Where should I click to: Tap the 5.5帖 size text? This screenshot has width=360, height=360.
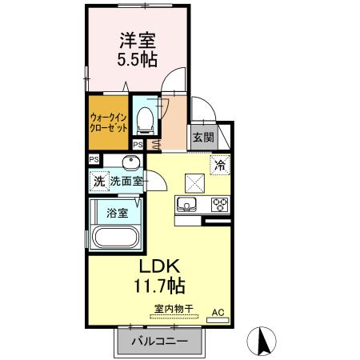[138, 59]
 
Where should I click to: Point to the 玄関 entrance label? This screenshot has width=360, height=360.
[203, 137]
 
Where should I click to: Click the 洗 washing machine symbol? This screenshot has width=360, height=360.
[98, 182]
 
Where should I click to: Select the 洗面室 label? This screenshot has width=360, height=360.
[126, 182]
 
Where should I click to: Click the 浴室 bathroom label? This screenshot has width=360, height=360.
[117, 214]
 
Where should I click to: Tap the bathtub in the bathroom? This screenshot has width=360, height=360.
[116, 238]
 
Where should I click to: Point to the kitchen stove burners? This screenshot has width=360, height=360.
[219, 205]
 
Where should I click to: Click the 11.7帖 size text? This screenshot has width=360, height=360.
[164, 285]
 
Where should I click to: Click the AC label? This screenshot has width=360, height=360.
[217, 311]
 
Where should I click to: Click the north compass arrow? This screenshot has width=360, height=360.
[261, 342]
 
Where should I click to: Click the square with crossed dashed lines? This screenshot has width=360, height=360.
[194, 181]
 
